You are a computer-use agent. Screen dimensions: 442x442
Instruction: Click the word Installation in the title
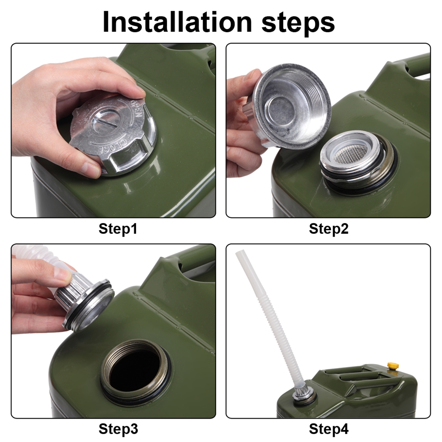coord(177,22)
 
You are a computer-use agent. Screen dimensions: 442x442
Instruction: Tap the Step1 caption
coord(118,229)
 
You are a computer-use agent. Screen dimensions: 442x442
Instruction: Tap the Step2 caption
coord(328,229)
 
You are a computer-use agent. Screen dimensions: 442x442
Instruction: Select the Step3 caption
coord(118,429)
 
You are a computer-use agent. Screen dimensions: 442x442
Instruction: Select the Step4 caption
coord(328,429)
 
